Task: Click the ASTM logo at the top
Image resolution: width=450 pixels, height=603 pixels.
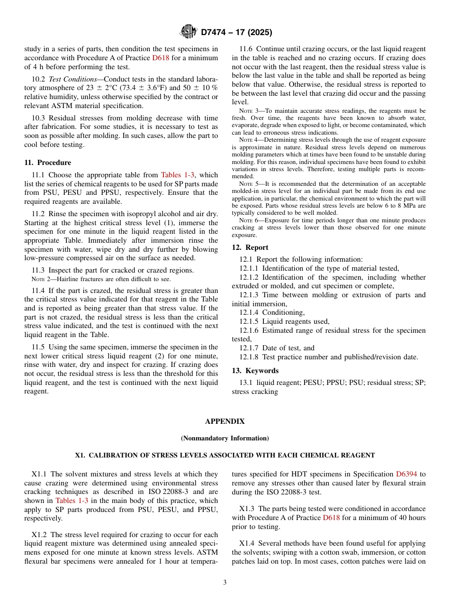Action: [189, 32]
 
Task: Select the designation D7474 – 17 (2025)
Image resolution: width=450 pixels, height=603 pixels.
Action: [236, 33]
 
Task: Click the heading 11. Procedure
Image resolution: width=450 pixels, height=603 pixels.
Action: [47, 162]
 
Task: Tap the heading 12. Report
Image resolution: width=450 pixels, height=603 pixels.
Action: [250, 247]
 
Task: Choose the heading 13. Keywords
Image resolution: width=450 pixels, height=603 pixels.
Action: [255, 370]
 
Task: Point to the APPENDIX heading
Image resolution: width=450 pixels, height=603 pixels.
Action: [225, 421]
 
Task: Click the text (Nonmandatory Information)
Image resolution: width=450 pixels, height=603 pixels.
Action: [225, 438]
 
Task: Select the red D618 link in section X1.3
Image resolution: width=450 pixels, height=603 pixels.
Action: [331, 518]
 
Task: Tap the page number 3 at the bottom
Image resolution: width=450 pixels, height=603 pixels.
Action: [225, 582]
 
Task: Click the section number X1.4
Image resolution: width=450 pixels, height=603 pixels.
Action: [248, 543]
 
